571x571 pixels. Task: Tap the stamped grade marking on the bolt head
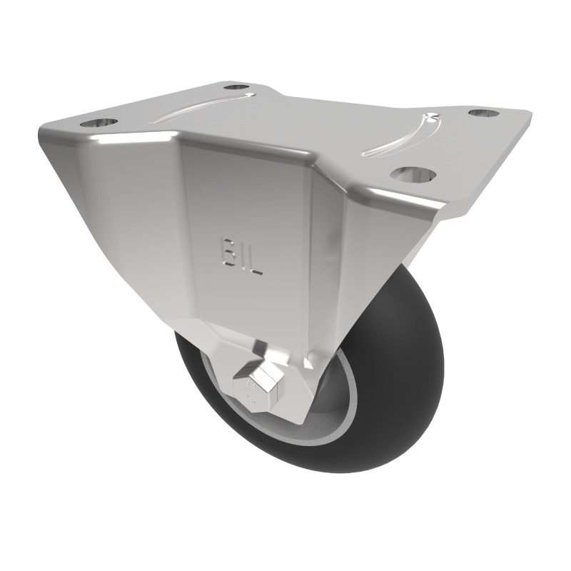point(251,391)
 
